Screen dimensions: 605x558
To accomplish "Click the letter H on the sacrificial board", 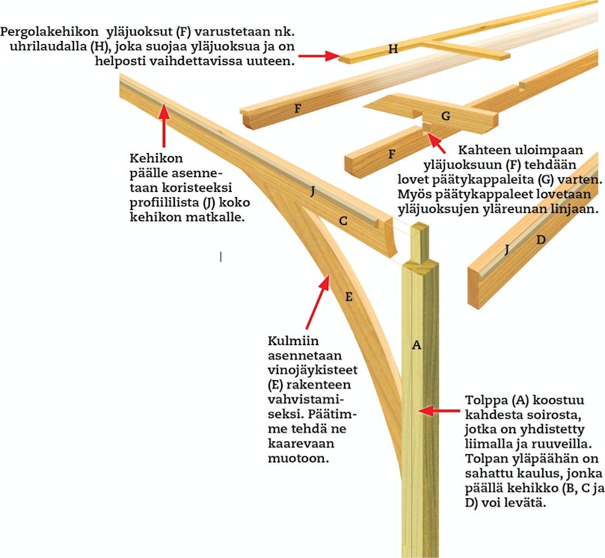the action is pos(393,49).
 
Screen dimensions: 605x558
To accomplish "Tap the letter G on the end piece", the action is pos(446,116).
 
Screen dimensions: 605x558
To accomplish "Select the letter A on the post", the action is pos(417,345).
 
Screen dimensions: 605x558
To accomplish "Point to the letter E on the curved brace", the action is pos(348,297).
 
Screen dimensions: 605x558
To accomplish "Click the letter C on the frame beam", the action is pos(343,221).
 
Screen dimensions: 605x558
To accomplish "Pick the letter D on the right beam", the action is pos(541,240).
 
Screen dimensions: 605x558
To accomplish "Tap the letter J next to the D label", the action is pos(507,249).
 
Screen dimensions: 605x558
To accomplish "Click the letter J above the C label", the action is pos(313,191).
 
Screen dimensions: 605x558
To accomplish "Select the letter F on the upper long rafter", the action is pos(298,108).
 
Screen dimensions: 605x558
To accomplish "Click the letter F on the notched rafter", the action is pos(392,154).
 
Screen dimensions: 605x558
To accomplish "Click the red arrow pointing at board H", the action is pos(319,56).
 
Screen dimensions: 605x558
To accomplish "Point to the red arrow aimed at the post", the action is pos(440,411).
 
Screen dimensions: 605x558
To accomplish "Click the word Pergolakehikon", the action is pos(49,32).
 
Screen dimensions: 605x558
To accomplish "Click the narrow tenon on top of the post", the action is pos(420,243).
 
